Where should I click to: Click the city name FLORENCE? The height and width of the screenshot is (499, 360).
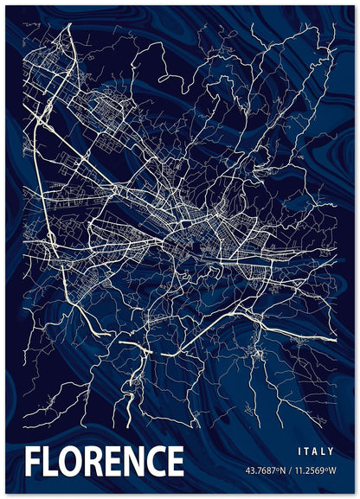coord(104,462)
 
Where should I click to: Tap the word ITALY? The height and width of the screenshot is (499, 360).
coord(315,451)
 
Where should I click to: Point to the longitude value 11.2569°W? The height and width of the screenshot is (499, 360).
coord(315,471)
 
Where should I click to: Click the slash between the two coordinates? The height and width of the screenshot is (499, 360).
coord(292,471)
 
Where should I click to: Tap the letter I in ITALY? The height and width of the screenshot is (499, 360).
coord(299,451)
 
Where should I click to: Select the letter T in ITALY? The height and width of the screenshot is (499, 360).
coord(306,451)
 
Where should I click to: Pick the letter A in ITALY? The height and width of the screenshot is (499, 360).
coord(315,451)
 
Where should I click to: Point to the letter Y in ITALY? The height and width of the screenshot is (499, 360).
coord(331,451)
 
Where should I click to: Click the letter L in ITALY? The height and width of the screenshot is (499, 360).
coord(323,451)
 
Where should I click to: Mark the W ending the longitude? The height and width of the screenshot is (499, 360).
coord(333,471)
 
